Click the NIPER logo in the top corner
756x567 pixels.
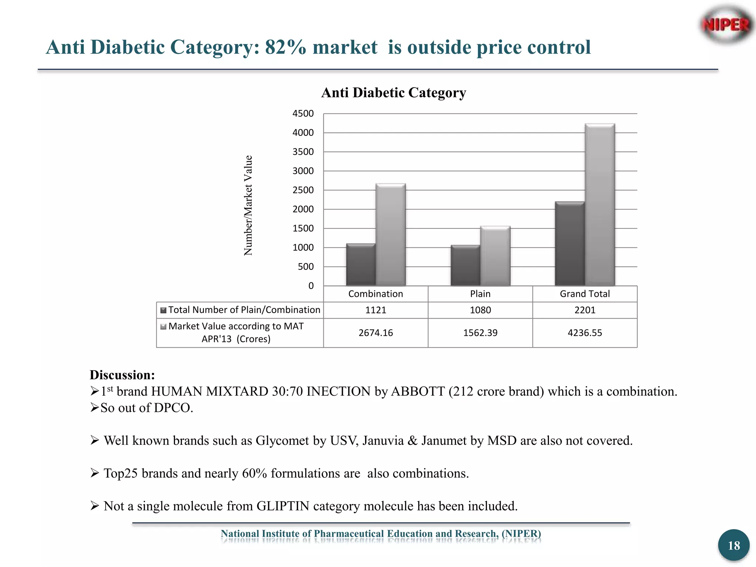726,25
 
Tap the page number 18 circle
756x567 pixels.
733,545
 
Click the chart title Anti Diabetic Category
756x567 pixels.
394,93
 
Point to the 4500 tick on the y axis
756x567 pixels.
303,113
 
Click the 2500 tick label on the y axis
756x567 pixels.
303,190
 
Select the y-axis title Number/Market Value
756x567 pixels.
248,205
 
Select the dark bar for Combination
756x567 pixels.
361,265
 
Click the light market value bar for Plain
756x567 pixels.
495,256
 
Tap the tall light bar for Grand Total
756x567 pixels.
600,205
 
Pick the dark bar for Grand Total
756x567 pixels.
570,244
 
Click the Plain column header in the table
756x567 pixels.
480,294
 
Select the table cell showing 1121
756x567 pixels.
376,310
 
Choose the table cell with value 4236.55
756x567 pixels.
585,333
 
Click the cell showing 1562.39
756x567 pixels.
480,333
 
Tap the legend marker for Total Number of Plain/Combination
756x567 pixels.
164,310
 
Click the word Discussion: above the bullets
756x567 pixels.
122,375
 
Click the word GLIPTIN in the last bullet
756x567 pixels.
283,506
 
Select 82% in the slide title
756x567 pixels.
285,47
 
